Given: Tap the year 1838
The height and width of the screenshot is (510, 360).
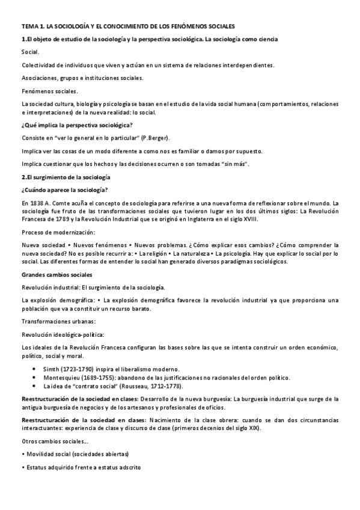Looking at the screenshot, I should (x=37, y=203).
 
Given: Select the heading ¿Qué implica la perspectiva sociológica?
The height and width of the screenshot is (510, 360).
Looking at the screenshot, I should (x=77, y=124).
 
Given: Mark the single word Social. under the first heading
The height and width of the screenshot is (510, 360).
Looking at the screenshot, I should (x=30, y=52).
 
